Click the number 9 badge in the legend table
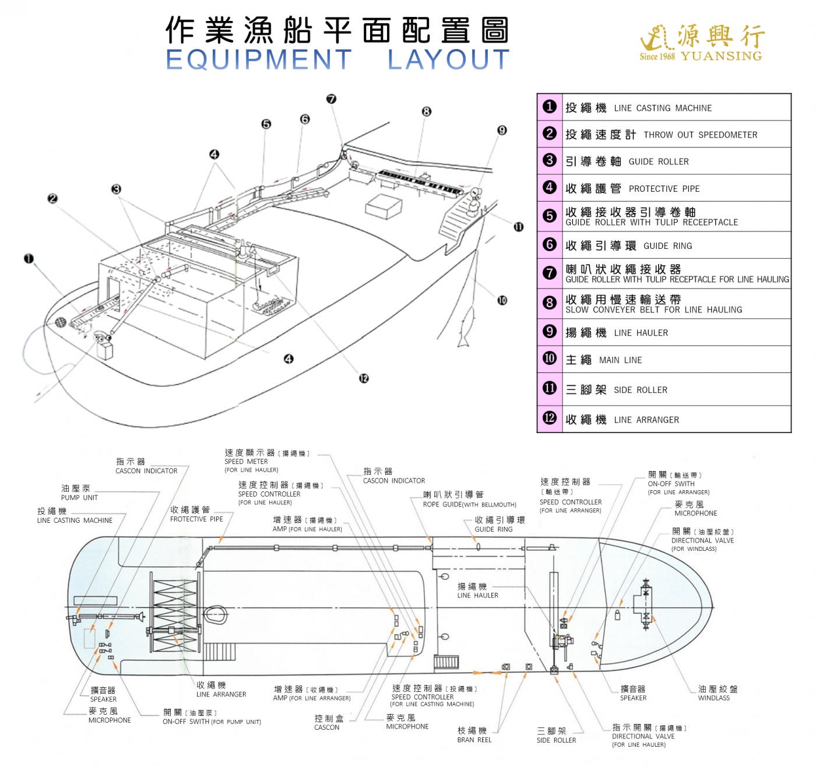(549, 332)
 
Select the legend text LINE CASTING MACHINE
(663, 108)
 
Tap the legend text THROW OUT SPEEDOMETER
(700, 135)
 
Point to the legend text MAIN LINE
(620, 360)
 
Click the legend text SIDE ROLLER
(640, 390)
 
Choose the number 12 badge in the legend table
(549, 418)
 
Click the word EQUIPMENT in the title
(259, 59)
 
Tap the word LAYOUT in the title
(448, 59)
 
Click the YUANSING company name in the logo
(721, 57)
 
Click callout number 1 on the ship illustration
(29, 258)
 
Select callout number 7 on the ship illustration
(331, 99)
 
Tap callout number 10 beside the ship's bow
(502, 300)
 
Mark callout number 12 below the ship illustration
(364, 378)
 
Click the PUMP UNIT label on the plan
(79, 498)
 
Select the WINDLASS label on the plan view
(713, 698)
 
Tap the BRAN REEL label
(474, 740)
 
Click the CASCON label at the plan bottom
(326, 727)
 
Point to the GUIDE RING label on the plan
(493, 529)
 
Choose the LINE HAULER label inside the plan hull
(477, 596)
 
